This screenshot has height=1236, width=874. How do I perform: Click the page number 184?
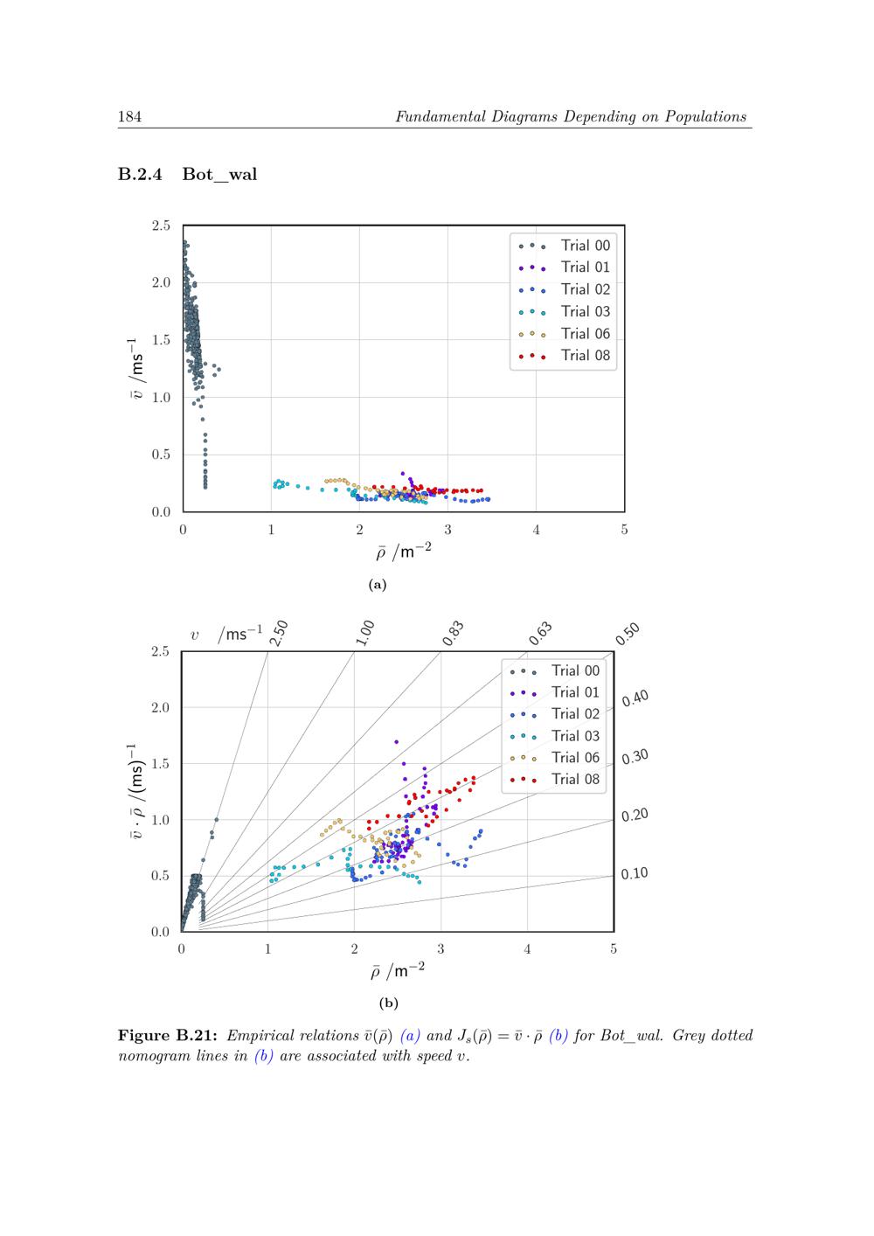[129, 117]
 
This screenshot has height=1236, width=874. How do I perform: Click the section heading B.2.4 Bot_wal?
[188, 174]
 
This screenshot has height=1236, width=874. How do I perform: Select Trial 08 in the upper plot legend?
[586, 356]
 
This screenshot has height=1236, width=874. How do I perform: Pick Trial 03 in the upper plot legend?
[586, 312]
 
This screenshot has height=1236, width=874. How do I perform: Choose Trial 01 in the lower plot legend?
[575, 692]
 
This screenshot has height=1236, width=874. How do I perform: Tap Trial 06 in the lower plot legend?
[575, 758]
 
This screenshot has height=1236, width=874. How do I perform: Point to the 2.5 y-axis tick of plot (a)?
[161, 226]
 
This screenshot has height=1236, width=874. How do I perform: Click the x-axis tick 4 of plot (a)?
[536, 530]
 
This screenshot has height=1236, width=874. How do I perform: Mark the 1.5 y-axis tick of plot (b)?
[160, 764]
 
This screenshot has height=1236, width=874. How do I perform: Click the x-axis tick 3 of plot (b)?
[440, 949]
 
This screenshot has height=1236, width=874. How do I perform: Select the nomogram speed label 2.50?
[279, 633]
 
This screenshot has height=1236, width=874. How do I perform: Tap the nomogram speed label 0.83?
[453, 634]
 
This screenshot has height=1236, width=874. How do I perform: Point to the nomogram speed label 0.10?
[635, 873]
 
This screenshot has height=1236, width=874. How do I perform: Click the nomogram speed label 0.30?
[635, 757]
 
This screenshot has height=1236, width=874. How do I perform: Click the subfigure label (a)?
[378, 585]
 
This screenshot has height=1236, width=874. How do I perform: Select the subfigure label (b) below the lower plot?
[388, 1003]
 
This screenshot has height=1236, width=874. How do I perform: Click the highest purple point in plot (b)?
[396, 742]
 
